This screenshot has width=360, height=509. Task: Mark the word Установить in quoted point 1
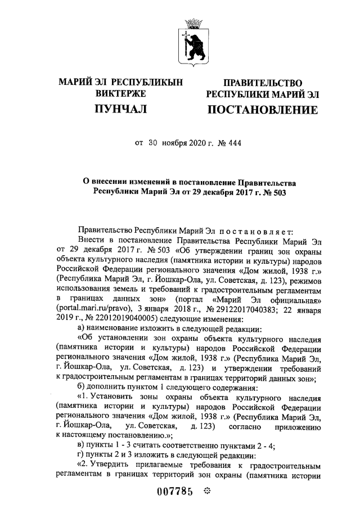point(120,398)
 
